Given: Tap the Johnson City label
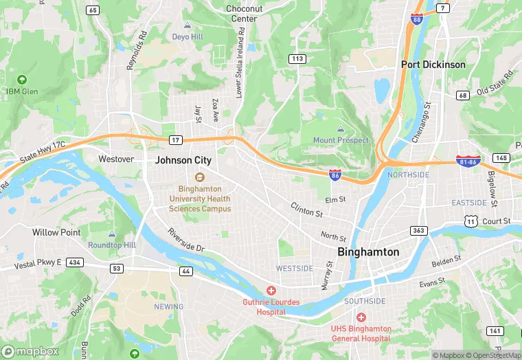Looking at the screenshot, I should point(183,160).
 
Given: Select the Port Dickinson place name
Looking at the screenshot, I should point(433,65).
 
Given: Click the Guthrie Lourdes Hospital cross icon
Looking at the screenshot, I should point(271,291).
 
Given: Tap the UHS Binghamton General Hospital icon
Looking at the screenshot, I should point(361,317).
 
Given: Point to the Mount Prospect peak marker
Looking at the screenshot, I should point(341,129).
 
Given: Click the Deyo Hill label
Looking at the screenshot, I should point(188,36).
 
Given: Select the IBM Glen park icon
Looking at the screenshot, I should point(21,80).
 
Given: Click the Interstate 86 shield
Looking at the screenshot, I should point(334,175).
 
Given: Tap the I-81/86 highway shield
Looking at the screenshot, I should point(468,160).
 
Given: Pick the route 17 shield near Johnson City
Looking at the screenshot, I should point(177,140).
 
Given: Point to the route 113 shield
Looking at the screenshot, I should point(297,59).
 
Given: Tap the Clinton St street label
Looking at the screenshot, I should point(306,209).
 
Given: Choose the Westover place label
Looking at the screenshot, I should point(116,159).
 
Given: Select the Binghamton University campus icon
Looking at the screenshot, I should point(200,177).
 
